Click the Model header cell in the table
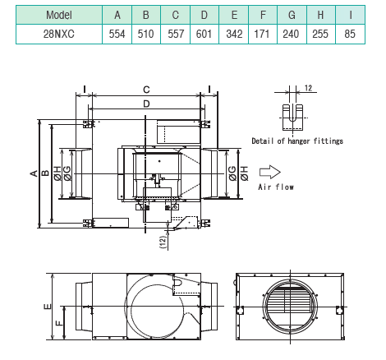click(58, 14)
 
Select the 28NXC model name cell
click(58, 32)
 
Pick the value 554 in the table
click(117, 32)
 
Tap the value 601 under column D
click(204, 32)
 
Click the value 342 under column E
click(234, 32)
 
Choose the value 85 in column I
click(351, 32)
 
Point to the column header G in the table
click(292, 14)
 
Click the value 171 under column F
click(263, 32)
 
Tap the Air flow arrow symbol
click(269, 172)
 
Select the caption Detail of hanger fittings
click(297, 141)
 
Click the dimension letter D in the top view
click(145, 104)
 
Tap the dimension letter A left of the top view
click(33, 173)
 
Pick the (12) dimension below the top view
click(162, 241)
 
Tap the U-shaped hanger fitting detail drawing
click(291, 114)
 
